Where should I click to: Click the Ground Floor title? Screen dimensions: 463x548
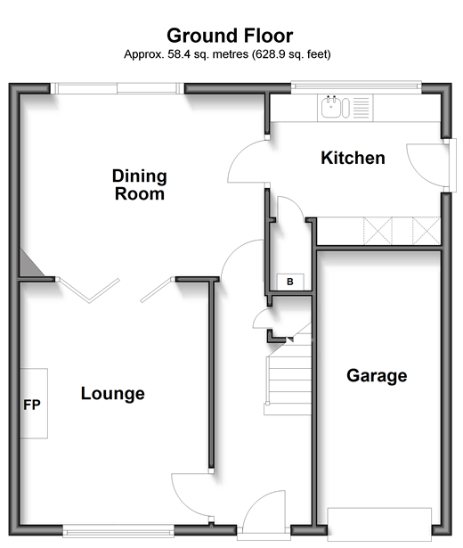click(x=230, y=36)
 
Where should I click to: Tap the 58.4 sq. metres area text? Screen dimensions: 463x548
click(x=208, y=54)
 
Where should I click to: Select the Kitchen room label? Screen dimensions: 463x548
click(x=353, y=158)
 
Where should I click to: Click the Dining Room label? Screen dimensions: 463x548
click(x=139, y=184)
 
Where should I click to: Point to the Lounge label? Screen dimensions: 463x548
click(x=113, y=394)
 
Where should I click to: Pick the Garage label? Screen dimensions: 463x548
click(x=377, y=376)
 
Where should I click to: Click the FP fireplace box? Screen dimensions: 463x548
click(x=34, y=404)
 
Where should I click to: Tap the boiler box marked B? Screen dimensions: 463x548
click(x=290, y=282)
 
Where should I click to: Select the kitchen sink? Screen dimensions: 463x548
click(x=330, y=107)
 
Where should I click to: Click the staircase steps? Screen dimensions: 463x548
click(x=289, y=374)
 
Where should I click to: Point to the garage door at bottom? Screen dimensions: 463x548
click(x=379, y=525)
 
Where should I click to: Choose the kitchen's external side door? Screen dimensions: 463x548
click(x=432, y=165)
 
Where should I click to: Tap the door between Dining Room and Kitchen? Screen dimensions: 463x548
click(x=248, y=161)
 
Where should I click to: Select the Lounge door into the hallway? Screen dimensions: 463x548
click(x=191, y=495)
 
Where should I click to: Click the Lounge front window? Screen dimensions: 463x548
click(x=118, y=531)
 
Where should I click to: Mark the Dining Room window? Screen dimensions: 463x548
click(x=118, y=88)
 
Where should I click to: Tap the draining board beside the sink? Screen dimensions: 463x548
click(x=361, y=107)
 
